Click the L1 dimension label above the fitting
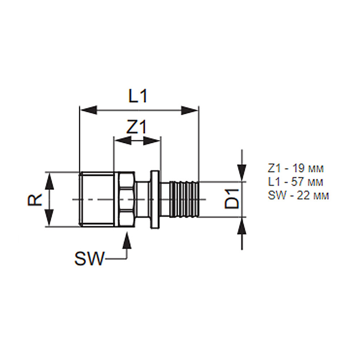(138, 96)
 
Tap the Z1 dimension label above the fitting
(136, 127)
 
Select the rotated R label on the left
(35, 199)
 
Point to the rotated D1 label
(231, 199)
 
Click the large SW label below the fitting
(90, 259)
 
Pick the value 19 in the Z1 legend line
(298, 168)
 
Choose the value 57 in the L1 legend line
(298, 182)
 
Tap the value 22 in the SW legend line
(303, 195)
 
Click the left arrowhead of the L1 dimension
(89, 110)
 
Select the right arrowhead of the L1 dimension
(189, 110)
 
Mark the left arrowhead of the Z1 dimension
(123, 140)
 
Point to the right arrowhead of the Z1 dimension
(152, 140)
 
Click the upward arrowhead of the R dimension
(49, 181)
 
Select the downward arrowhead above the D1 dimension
(242, 173)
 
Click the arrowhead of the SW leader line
(127, 240)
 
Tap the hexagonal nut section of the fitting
(126, 199)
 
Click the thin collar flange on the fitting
(155, 199)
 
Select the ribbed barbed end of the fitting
(184, 199)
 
